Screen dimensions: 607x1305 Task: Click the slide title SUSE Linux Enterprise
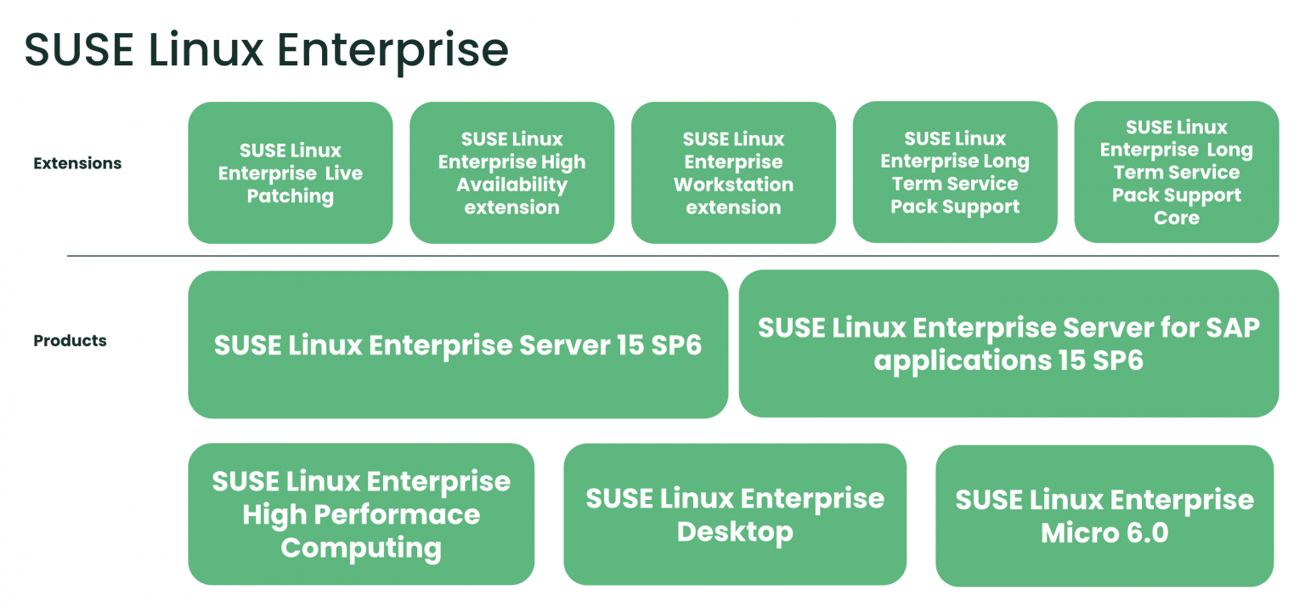click(266, 50)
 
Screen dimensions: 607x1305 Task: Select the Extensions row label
click(77, 163)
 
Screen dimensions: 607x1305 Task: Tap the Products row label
click(70, 341)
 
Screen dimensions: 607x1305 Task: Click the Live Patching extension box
click(290, 173)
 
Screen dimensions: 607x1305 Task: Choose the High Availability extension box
click(511, 173)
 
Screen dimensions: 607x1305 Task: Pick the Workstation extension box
click(733, 173)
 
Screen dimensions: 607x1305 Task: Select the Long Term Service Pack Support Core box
click(1176, 173)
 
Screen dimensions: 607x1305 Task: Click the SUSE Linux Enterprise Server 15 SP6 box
click(457, 345)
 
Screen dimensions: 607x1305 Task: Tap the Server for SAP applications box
click(1008, 343)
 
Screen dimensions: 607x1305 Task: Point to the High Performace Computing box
click(361, 514)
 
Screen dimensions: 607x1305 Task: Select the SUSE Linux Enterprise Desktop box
click(735, 514)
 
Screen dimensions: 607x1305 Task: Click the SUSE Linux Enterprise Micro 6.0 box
click(1104, 515)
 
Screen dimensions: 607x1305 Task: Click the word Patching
click(291, 196)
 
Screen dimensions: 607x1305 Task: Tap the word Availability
click(511, 184)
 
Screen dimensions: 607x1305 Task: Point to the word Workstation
click(733, 184)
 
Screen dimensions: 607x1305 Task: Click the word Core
click(1177, 218)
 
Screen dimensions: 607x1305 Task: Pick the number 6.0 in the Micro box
click(1144, 533)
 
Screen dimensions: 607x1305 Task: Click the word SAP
click(1228, 327)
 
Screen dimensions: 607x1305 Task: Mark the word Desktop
click(735, 532)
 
